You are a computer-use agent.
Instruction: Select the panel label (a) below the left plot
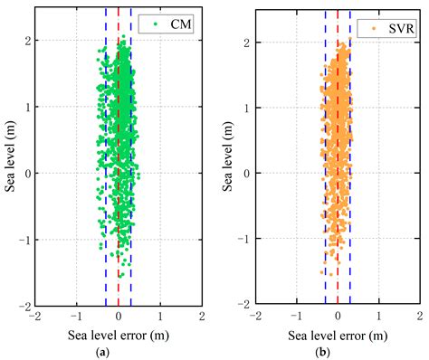(x=118, y=350)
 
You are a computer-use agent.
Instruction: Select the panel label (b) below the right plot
(x=337, y=350)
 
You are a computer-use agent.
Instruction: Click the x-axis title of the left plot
(x=118, y=334)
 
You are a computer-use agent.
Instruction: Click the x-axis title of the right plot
(x=337, y=334)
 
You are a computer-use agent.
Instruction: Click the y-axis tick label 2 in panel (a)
(x=28, y=41)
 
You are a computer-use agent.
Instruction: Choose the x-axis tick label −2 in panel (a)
(x=33, y=317)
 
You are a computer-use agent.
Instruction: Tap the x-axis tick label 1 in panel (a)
(x=160, y=317)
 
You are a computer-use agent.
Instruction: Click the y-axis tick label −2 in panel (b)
(x=244, y=306)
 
